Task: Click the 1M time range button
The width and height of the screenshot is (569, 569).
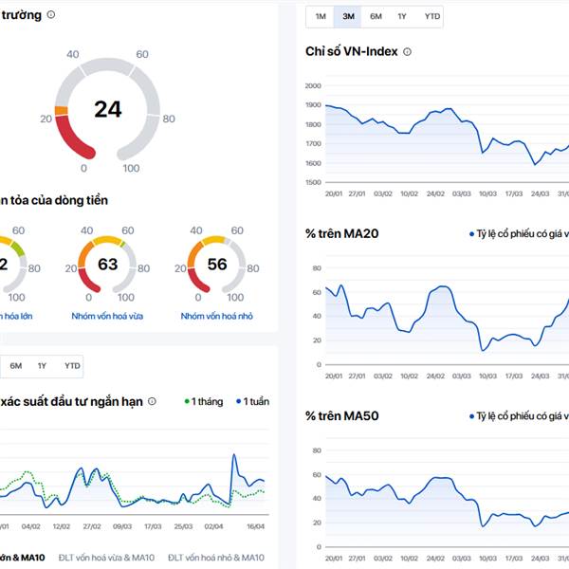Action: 321,16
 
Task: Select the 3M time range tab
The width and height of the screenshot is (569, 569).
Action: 348,16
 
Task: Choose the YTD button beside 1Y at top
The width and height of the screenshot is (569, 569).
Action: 432,16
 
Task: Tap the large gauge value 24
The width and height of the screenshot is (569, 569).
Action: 108,109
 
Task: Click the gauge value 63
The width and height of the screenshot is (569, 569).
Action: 108,264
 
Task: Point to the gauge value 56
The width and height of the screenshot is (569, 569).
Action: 217,264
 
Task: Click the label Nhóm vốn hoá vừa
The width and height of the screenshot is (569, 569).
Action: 108,316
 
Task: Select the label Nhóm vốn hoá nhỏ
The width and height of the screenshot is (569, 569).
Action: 218,316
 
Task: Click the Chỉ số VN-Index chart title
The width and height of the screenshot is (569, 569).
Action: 352,51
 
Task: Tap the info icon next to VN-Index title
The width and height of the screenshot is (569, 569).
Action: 408,51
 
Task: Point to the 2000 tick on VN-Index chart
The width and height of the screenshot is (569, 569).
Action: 315,85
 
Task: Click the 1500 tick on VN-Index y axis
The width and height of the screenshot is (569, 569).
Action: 315,182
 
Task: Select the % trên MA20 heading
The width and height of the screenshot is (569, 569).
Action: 342,233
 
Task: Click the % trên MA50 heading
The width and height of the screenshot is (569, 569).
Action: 342,415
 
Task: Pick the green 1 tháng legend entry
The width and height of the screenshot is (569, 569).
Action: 203,401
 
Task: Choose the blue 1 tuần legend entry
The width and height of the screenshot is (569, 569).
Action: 252,401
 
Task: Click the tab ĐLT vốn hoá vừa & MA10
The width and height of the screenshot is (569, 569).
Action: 106,557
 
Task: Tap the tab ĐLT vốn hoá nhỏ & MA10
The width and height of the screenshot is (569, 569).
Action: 216,557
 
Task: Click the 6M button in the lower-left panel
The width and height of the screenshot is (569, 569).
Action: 16,365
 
